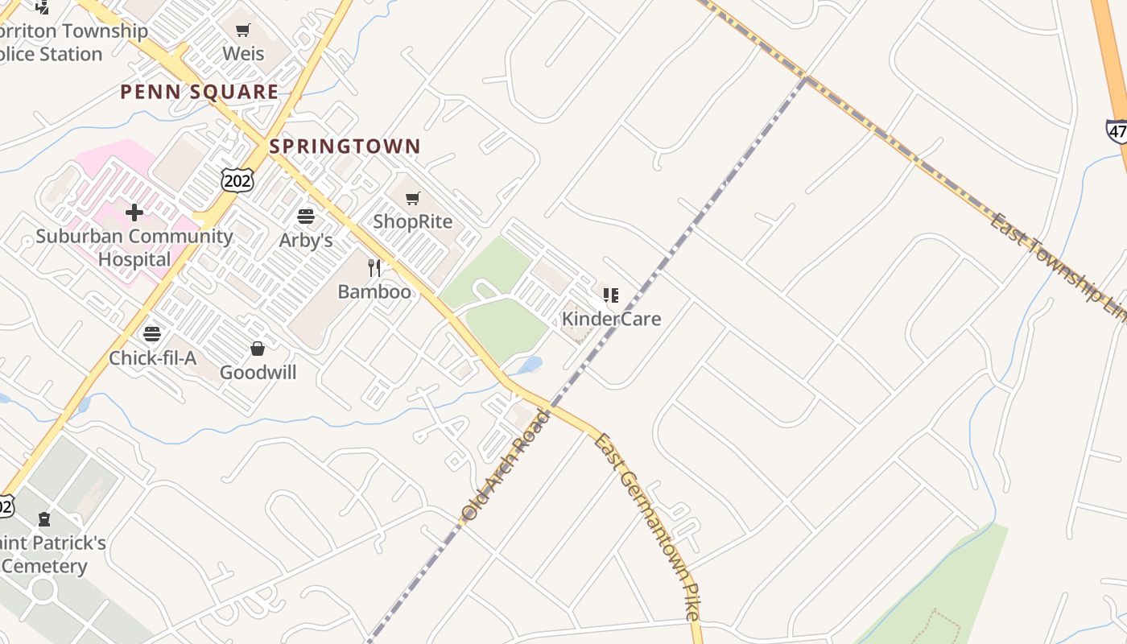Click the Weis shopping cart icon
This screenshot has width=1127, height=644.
[x=243, y=31]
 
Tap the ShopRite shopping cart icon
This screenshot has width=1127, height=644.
[x=413, y=198]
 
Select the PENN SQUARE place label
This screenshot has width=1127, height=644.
[x=199, y=92]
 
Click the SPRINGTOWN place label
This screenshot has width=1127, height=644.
[x=345, y=147]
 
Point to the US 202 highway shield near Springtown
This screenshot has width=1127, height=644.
[x=237, y=180]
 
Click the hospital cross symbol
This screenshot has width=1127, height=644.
[x=134, y=213]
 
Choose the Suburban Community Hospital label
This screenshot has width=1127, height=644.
[x=134, y=248]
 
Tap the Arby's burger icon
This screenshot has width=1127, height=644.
[x=306, y=217]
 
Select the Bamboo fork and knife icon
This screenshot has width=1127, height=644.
[x=374, y=267]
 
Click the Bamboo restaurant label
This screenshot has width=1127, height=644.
[x=374, y=291]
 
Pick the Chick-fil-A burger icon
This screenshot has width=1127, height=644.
[x=152, y=334]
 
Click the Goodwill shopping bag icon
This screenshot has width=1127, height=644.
[x=258, y=349]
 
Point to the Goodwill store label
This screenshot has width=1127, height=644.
[x=258, y=373]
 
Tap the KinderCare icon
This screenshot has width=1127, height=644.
[x=611, y=295]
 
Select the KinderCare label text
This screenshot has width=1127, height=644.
[x=611, y=319]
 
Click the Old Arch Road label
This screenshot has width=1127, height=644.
[x=506, y=464]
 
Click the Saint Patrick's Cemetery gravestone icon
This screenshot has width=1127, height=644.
[x=44, y=519]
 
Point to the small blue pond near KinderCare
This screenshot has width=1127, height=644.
[x=530, y=365]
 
